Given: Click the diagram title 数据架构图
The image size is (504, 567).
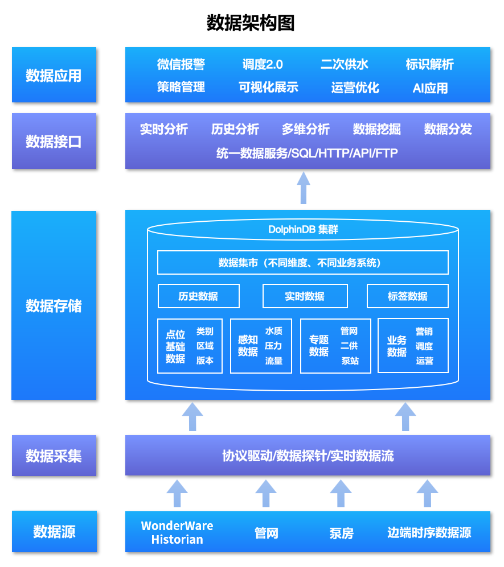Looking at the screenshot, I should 251,23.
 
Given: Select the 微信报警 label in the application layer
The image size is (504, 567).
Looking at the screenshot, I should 181,64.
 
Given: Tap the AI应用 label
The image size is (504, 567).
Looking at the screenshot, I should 430,88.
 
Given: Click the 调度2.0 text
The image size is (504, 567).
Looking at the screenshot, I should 263,64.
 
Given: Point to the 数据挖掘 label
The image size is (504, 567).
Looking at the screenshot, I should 376,130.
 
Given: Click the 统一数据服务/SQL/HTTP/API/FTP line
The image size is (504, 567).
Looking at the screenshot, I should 307,153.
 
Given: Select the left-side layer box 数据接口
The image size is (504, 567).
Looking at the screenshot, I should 54,141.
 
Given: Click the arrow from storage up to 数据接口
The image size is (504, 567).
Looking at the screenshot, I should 304,188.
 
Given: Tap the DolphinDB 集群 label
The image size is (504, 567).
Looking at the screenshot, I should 303,230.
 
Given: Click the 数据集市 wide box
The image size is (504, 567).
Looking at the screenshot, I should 302,262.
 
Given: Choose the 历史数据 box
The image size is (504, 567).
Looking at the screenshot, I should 198,296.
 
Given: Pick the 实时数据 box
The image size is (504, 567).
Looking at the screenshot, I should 305,296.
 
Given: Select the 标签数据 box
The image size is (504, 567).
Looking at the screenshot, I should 407,296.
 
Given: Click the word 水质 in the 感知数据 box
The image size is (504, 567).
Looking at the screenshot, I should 273,331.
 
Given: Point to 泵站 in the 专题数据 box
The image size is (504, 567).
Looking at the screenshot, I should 349,361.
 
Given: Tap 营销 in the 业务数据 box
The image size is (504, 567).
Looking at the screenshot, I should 424,332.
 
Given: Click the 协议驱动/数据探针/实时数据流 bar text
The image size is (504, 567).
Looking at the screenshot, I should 308,456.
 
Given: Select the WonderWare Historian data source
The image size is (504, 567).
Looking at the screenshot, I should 177,532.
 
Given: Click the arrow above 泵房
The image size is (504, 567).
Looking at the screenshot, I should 341,493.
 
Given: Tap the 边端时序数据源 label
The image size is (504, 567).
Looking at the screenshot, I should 429,532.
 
